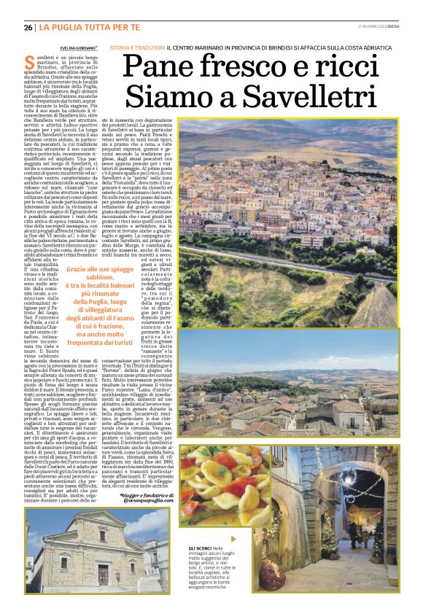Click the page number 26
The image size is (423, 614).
[x=28, y=28]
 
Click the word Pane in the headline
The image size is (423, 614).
[x=158, y=69]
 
